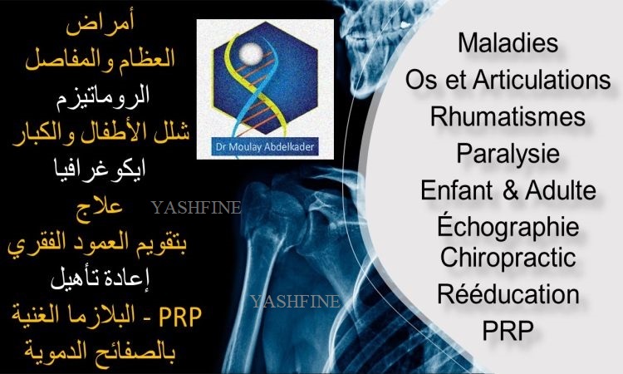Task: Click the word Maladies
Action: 508,42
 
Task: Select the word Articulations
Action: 542,79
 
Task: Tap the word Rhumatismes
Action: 508,116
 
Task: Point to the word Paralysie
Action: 508,155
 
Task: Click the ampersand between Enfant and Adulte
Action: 510,190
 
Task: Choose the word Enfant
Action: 457,190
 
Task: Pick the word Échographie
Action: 508,226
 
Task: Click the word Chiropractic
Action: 508,258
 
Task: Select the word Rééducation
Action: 508,293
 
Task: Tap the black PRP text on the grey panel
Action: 508,330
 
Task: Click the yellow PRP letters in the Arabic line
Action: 180,317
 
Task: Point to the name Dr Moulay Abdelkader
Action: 265,147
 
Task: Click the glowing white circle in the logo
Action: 251,53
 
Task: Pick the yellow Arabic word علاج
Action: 100,207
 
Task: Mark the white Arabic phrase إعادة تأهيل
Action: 100,278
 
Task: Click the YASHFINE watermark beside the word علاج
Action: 195,208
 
